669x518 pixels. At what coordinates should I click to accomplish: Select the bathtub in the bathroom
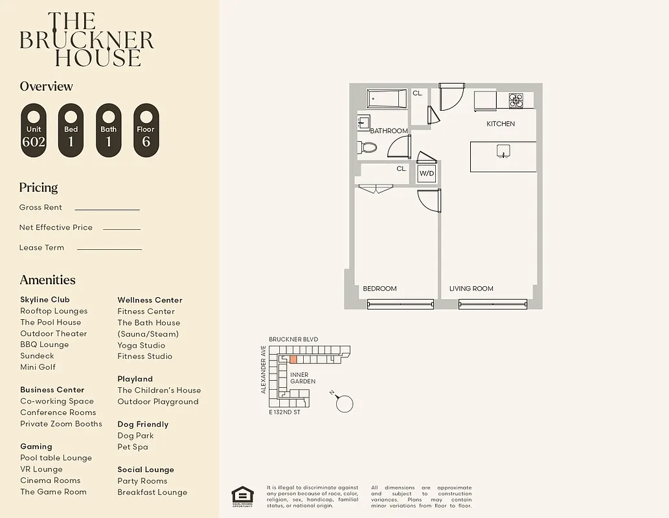click(x=387, y=99)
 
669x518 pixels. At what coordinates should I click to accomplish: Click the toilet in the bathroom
click(x=367, y=147)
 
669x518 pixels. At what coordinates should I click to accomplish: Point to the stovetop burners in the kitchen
click(x=516, y=100)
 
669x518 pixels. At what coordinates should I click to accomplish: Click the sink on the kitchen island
click(x=502, y=152)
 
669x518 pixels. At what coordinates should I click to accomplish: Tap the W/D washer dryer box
click(x=426, y=173)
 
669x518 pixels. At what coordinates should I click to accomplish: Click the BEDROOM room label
click(x=380, y=289)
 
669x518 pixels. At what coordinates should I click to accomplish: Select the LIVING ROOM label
click(x=471, y=289)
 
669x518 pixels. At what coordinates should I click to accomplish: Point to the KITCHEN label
click(x=501, y=124)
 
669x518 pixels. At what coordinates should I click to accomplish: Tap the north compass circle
click(x=345, y=404)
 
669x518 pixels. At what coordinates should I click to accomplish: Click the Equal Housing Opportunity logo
click(x=243, y=496)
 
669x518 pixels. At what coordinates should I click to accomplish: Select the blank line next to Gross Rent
click(x=107, y=208)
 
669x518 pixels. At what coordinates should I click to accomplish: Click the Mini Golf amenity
click(x=38, y=367)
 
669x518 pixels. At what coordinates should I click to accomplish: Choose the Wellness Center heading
click(x=150, y=300)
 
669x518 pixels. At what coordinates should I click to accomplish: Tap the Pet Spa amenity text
click(x=133, y=447)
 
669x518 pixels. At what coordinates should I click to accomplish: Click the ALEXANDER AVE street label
click(x=264, y=369)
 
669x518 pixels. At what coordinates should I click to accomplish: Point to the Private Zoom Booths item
click(x=61, y=424)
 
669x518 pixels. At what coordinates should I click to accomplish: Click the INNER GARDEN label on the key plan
click(x=302, y=378)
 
